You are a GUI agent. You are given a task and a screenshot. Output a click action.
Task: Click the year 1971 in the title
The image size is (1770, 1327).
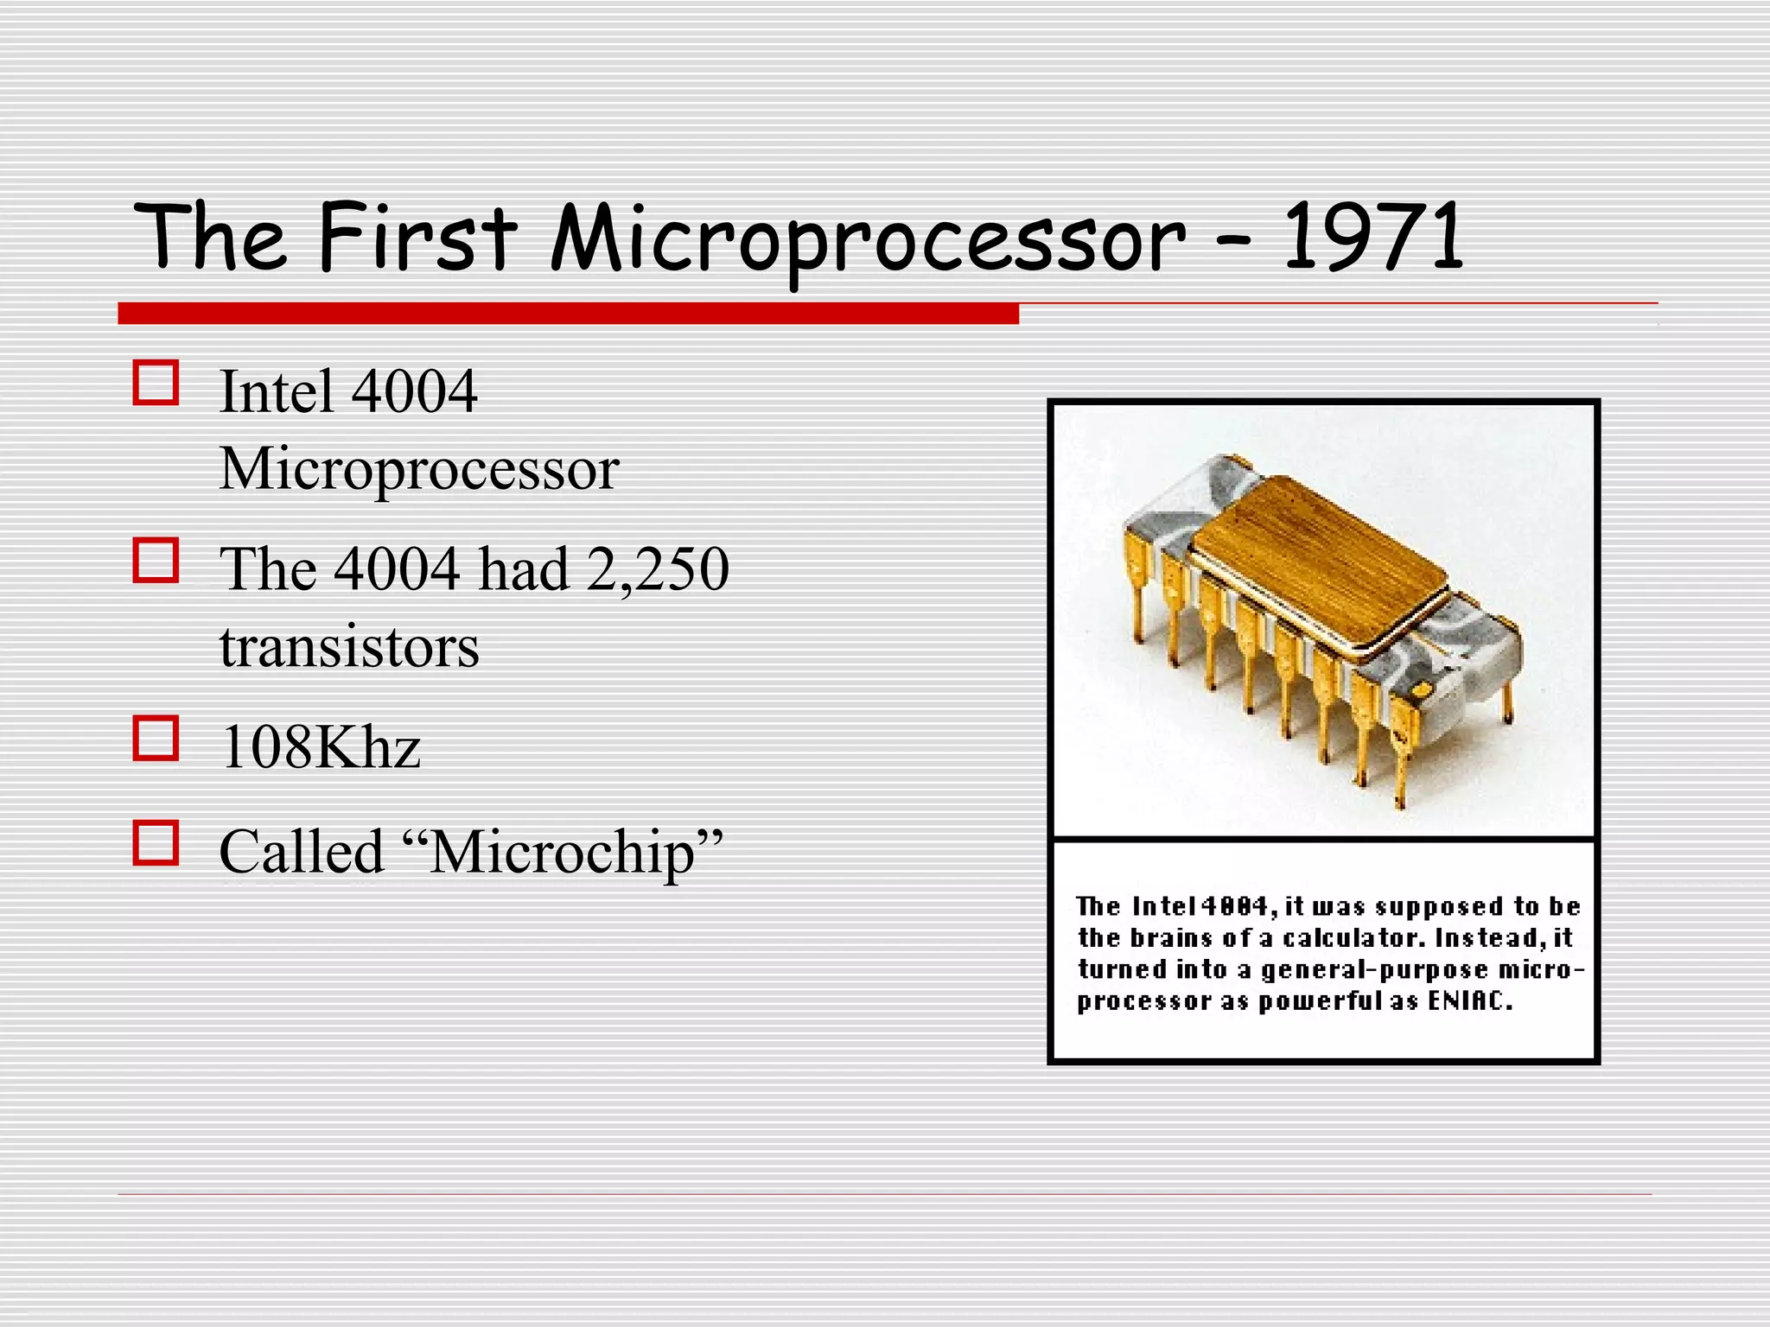pyautogui.click(x=1372, y=236)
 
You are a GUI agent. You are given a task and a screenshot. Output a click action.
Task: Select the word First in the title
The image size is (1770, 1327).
pyautogui.click(x=417, y=236)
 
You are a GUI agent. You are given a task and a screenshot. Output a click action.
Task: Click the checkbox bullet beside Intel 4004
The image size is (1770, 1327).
pyautogui.click(x=156, y=383)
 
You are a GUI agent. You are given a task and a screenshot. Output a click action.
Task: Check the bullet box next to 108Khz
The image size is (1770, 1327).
pyautogui.click(x=156, y=738)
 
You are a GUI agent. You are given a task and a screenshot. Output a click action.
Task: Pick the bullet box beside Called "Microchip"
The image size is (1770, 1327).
pyautogui.click(x=156, y=842)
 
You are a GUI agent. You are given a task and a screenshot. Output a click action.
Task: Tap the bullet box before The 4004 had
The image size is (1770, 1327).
pyautogui.click(x=156, y=560)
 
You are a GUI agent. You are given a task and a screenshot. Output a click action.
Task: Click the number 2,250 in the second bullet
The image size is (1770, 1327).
pyautogui.click(x=657, y=569)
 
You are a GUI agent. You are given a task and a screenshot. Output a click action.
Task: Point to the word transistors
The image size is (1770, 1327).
pyautogui.click(x=349, y=647)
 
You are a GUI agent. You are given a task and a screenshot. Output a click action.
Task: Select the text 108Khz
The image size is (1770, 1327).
pyautogui.click(x=320, y=746)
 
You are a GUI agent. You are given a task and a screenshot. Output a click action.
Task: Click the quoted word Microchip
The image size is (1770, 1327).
pyautogui.click(x=562, y=853)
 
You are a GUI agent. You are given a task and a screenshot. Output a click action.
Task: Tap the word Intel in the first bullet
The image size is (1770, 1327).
pyautogui.click(x=276, y=392)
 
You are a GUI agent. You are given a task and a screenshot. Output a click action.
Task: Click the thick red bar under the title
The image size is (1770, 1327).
pyautogui.click(x=568, y=314)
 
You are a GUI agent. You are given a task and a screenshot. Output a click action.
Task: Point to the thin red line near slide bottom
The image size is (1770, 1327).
pyautogui.click(x=884, y=1194)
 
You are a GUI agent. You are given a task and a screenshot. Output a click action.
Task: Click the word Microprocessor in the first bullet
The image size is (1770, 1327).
pyautogui.click(x=419, y=470)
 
